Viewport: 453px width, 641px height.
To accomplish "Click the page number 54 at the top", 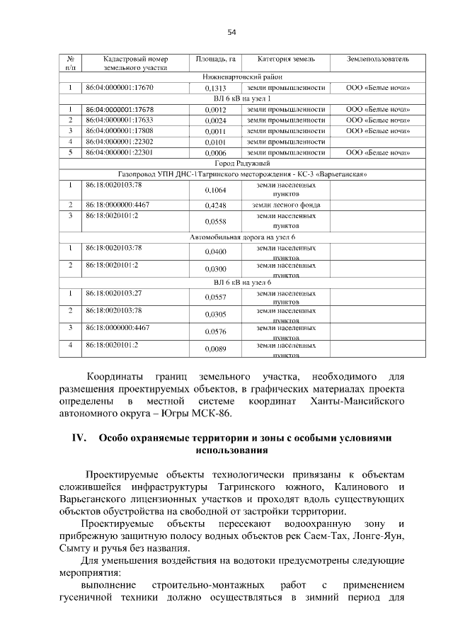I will click(x=231, y=32).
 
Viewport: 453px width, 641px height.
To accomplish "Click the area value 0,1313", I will click(x=215, y=89).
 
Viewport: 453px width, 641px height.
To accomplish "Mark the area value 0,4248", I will click(x=215, y=206).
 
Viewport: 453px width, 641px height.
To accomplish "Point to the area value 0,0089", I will click(x=215, y=349).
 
